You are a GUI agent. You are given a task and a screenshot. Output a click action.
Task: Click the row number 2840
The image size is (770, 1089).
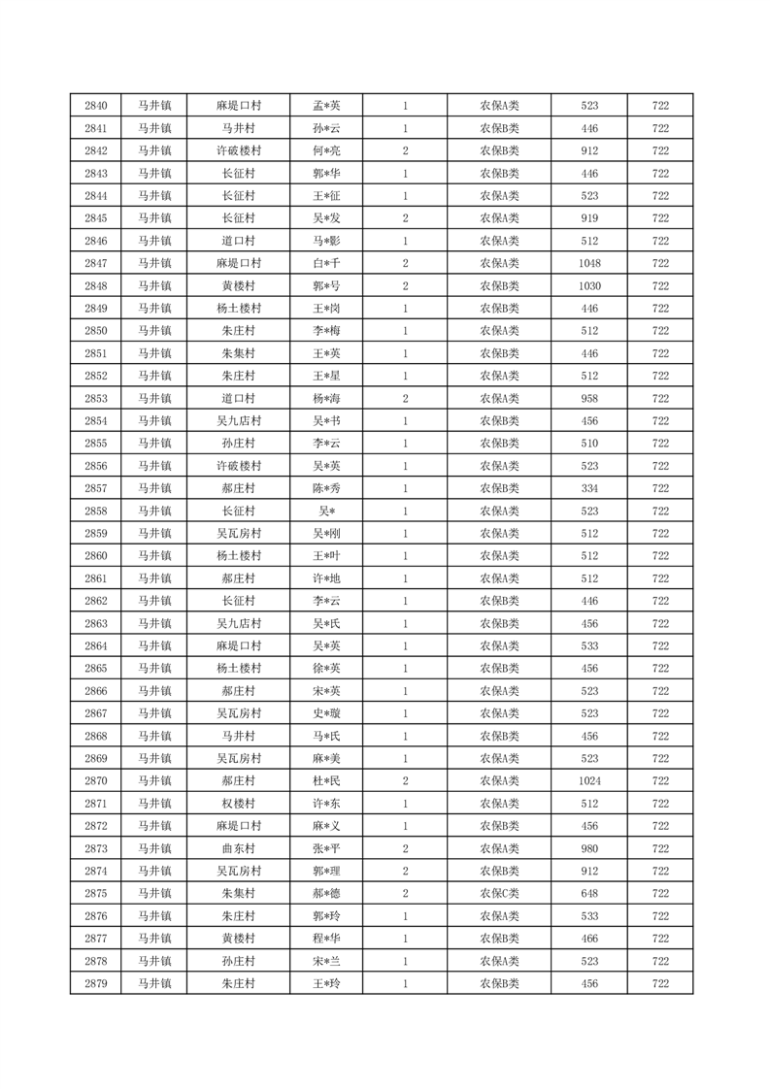[96, 106]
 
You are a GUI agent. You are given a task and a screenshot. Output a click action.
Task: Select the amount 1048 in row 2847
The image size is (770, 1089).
[589, 263]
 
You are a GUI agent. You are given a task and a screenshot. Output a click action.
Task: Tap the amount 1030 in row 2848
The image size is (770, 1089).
[589, 286]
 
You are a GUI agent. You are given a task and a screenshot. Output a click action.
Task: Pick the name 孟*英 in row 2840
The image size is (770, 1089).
[326, 106]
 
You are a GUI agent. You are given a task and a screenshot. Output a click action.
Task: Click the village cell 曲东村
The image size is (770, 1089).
[238, 848]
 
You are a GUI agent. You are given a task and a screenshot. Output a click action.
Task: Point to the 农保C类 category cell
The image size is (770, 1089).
[499, 894]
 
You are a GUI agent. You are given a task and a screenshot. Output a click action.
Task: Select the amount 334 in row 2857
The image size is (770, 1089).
[589, 489]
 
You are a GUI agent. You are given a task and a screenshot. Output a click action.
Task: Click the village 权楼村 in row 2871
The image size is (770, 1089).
[238, 804]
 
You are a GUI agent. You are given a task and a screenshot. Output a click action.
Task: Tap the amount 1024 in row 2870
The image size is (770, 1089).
[589, 781]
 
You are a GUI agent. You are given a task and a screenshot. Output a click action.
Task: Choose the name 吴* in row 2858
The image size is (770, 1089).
[326, 511]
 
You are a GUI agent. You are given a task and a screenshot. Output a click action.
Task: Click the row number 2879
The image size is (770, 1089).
[96, 984]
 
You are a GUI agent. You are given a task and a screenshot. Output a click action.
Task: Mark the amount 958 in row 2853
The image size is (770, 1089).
[589, 399]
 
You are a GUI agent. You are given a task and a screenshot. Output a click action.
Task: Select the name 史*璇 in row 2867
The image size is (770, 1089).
[326, 713]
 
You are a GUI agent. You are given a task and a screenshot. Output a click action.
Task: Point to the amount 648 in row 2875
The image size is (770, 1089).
[589, 894]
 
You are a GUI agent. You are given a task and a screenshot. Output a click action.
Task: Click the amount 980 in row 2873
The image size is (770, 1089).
[589, 848]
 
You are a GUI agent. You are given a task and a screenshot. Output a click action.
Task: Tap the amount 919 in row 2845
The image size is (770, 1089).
[589, 218]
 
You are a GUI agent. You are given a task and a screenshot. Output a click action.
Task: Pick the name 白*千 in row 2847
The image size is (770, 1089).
[326, 263]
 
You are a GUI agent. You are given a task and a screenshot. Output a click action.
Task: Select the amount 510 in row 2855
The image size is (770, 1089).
[589, 444]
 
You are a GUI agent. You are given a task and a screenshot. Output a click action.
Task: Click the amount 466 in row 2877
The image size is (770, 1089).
[589, 939]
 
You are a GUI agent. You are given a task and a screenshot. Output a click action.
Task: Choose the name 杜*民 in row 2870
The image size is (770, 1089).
[326, 781]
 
